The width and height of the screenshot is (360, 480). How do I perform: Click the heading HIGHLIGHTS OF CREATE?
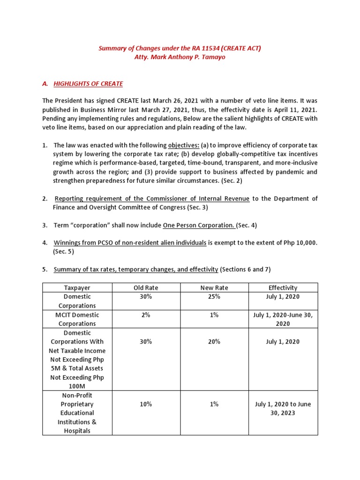88,84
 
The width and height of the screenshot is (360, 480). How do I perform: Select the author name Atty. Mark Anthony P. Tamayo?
180,57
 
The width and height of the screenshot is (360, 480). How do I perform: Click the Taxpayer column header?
77,287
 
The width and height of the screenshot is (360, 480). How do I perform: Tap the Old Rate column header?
145,287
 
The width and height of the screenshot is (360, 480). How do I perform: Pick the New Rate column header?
214,287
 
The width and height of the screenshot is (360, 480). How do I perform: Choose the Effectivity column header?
283,287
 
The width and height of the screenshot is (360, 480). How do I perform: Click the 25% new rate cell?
214,297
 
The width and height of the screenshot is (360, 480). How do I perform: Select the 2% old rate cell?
145,315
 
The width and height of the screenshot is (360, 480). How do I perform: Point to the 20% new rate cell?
214,342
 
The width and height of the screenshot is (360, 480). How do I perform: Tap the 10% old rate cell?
145,404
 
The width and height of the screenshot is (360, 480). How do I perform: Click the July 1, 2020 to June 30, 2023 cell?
283,408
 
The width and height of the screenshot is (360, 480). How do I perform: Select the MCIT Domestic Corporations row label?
77,319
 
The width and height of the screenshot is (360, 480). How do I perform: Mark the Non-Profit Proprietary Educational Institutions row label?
77,412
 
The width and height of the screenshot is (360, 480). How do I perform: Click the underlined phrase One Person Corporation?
199,225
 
